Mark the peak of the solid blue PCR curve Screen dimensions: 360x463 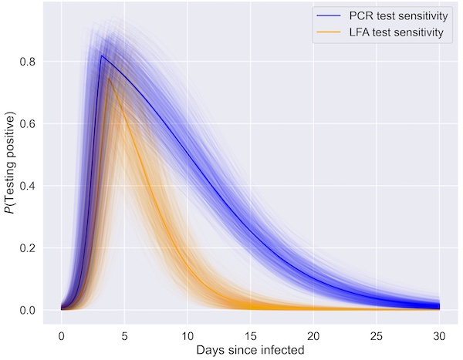101,56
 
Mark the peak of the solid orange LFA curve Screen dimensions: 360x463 109,77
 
